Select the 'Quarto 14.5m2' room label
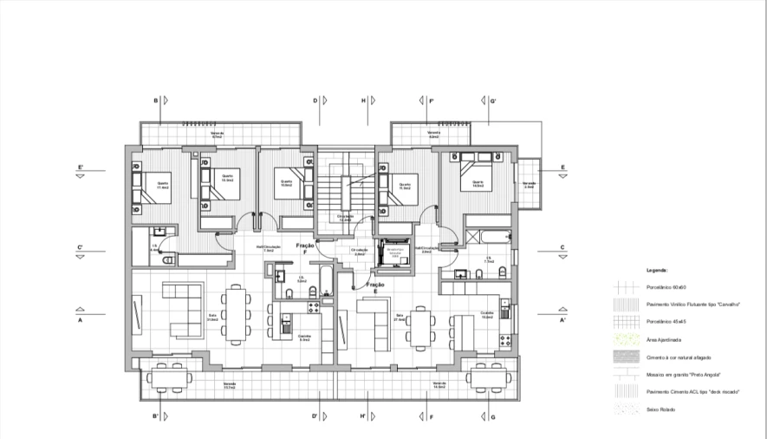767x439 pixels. point(478,183)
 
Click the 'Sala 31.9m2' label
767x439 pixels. point(211,318)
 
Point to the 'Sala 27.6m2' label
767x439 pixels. point(400,317)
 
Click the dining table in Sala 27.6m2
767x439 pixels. point(421,327)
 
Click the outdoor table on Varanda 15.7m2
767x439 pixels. point(170,377)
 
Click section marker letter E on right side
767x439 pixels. point(562,167)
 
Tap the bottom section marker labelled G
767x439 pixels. point(492,416)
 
